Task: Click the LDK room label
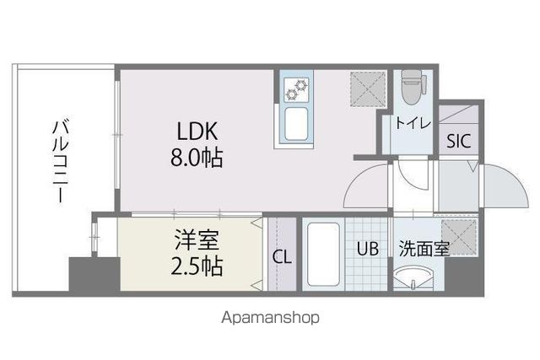[198, 132]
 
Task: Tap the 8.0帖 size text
[198, 158]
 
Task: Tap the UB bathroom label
[367, 250]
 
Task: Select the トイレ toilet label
[413, 124]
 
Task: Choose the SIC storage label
[459, 141]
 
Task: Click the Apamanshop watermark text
[270, 319]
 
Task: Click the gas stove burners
[297, 89]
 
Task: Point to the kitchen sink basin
[298, 124]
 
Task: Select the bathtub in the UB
[323, 255]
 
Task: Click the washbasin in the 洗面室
[414, 277]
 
